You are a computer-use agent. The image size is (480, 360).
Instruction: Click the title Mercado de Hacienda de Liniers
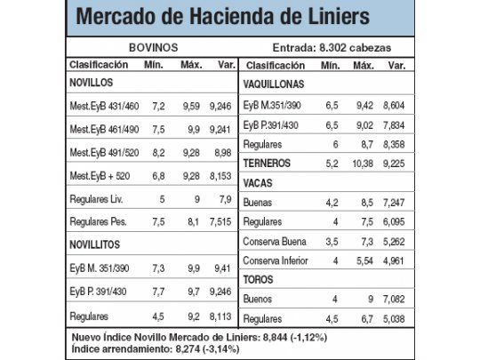(x=222, y=18)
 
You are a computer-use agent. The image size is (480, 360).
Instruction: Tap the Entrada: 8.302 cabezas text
(x=330, y=47)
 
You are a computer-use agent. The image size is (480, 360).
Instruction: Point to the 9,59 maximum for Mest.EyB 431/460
(x=192, y=106)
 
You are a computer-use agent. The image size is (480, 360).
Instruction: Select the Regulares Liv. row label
(x=98, y=199)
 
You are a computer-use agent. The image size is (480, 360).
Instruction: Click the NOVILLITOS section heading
(x=95, y=244)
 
